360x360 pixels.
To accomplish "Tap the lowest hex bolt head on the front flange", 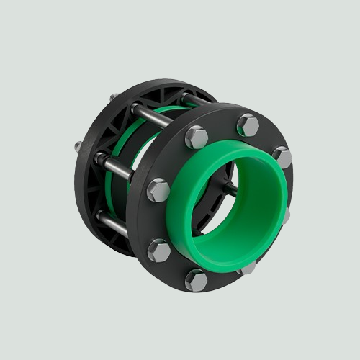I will tap(196, 279).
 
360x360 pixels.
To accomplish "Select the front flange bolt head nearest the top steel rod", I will tap(196, 137).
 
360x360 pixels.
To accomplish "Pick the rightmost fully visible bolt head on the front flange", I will tap(282, 157).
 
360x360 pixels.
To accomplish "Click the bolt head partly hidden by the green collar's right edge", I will tap(287, 215).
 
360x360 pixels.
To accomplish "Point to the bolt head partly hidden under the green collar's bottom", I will tap(247, 268).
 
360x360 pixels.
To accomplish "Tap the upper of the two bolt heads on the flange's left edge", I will tap(158, 190).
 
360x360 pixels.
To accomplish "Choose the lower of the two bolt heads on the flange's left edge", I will tap(160, 250).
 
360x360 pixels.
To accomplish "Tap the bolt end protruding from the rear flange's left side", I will tap(78, 147).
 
